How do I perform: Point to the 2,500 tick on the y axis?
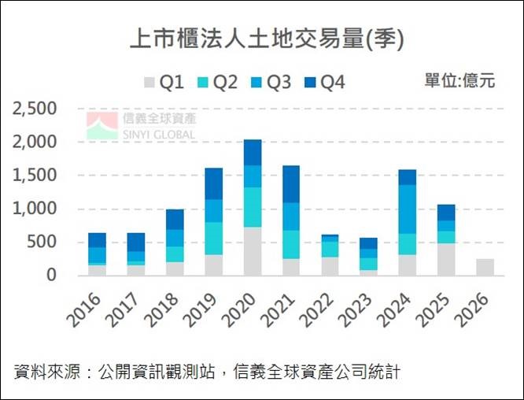(35, 109)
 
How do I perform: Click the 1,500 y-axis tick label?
(35, 176)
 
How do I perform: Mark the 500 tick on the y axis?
(43, 242)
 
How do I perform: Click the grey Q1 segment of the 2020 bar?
(252, 251)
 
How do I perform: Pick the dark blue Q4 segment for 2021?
(290, 184)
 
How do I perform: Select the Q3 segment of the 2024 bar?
(407, 209)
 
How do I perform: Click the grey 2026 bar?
(485, 267)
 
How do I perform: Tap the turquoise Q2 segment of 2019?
(213, 238)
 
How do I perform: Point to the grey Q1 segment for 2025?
(446, 259)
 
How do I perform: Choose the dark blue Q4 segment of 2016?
(97, 240)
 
